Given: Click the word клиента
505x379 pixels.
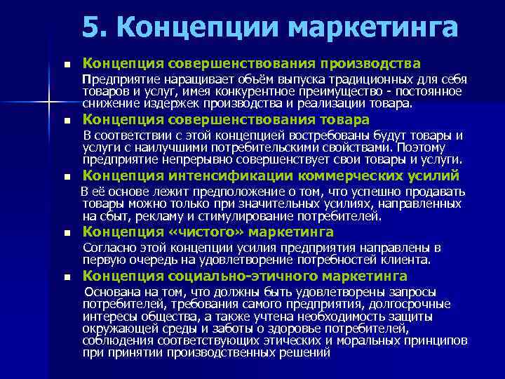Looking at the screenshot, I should pyautogui.click(x=409, y=260).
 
